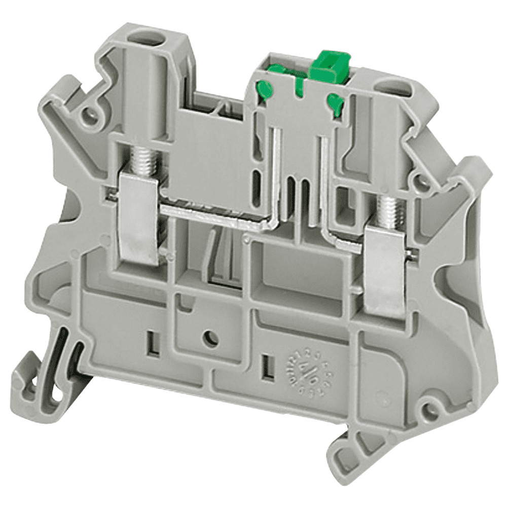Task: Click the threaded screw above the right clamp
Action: click(x=387, y=209)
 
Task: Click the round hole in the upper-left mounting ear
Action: click(x=91, y=116)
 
